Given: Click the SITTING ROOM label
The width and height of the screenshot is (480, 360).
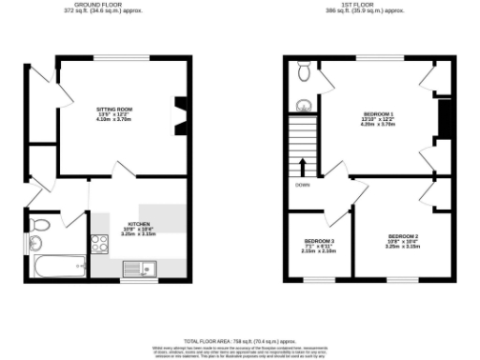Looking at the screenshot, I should [x=114, y=110].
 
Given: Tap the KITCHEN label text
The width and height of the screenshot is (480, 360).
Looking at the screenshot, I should [x=139, y=225].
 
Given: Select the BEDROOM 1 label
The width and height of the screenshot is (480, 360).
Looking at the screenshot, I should [x=378, y=114].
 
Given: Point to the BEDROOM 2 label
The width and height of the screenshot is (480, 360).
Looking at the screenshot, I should [x=403, y=235].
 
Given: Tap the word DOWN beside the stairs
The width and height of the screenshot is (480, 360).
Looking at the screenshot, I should [x=303, y=185].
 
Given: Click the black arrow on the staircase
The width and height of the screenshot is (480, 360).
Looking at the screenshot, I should [x=303, y=167].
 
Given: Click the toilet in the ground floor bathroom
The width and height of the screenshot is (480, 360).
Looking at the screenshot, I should [x=39, y=225].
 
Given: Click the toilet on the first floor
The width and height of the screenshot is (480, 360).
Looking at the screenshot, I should [x=304, y=71].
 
